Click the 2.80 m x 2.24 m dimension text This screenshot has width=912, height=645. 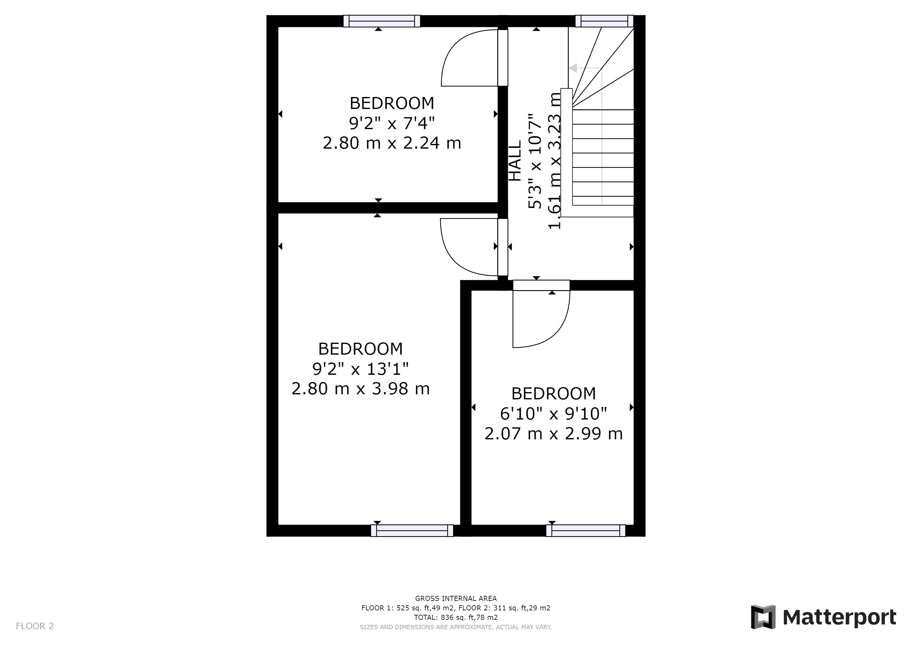392,143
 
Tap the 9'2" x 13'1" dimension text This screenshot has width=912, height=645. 360,369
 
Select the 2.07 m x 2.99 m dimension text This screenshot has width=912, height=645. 553,433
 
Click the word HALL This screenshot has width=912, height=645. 515,161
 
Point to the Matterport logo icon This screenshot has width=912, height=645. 763,617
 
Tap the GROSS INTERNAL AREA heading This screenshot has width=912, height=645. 456,598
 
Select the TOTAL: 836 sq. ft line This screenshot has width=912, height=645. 456,618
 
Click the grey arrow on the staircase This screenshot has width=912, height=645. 573,68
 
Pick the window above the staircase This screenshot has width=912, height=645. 604,21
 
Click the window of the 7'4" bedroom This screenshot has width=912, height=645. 382,21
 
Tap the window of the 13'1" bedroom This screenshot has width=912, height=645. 412,531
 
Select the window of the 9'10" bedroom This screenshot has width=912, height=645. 585,531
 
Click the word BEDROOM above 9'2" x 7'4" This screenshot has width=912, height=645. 392,103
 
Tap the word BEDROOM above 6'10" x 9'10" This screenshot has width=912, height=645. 553,394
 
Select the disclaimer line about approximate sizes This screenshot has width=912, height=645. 456,627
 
